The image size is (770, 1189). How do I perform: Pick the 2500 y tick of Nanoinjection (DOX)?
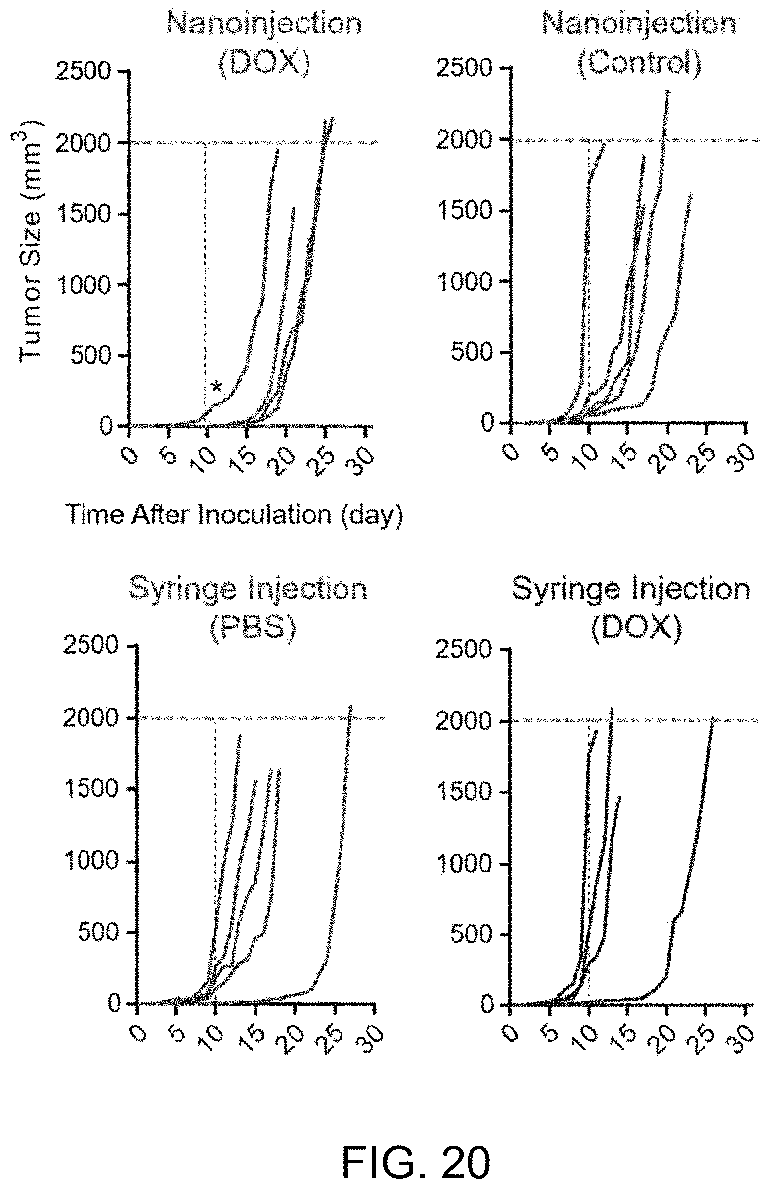[83, 72]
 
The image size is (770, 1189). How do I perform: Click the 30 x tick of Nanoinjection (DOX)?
[363, 456]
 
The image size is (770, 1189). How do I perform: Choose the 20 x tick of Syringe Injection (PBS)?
[293, 1035]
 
